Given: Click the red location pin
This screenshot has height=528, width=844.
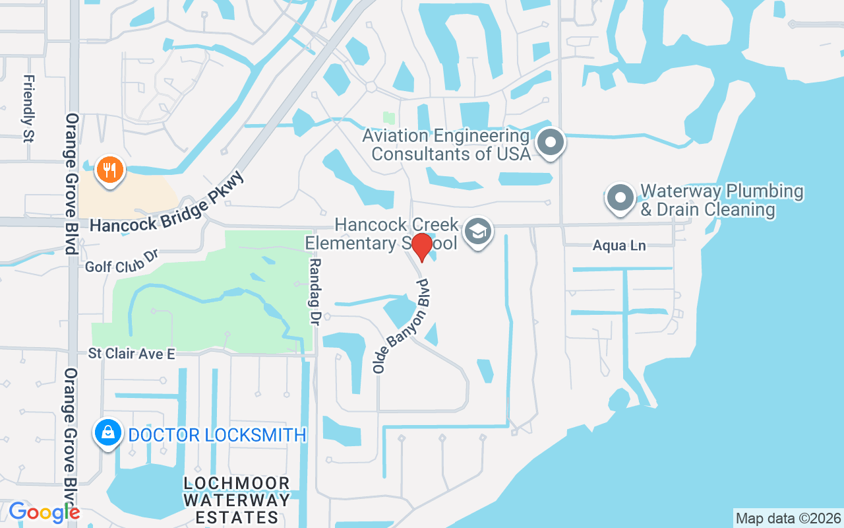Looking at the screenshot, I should [422, 247].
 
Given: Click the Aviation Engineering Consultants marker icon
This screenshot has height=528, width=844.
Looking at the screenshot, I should [551, 142].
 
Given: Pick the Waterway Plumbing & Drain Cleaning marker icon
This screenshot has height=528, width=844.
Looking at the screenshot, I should [620, 197].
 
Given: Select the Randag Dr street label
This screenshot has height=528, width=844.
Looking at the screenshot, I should [315, 291].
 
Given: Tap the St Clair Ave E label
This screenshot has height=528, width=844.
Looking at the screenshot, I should [132, 354].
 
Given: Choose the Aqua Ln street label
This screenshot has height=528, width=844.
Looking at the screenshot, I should [618, 246].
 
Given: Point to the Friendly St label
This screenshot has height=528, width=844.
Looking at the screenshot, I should [28, 108].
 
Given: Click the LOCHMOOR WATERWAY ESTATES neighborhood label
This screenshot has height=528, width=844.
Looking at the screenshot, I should [237, 500].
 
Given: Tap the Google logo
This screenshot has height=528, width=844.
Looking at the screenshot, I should [44, 512].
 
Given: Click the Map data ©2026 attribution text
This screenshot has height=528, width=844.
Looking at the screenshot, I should [788, 518].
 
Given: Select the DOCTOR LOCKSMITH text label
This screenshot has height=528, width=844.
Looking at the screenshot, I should [218, 435].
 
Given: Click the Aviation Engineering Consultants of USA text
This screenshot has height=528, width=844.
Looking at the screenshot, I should [446, 145].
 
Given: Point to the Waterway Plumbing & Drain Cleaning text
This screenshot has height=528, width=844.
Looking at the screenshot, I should [721, 201].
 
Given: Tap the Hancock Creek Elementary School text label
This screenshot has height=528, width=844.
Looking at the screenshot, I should [381, 234].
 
